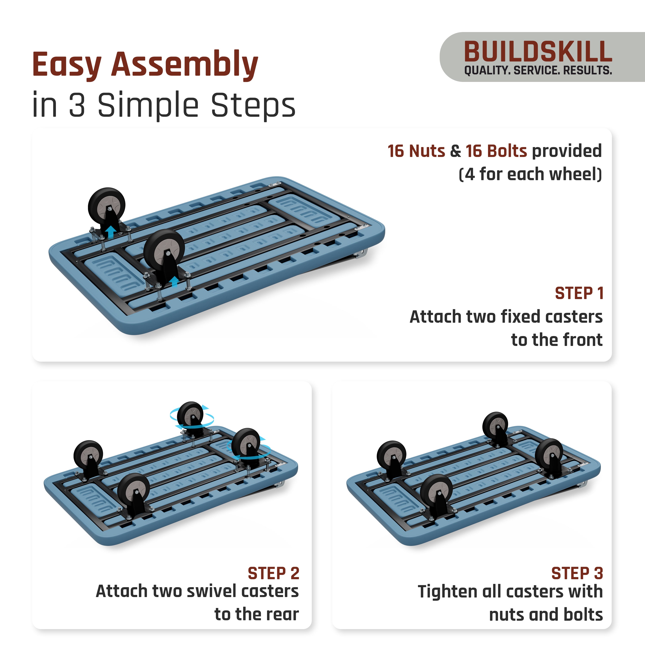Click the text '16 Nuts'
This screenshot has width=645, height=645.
tap(416, 151)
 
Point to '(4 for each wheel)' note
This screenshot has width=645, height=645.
tap(530, 174)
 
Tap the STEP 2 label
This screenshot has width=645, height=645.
tap(273, 574)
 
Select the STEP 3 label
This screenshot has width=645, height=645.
tap(577, 574)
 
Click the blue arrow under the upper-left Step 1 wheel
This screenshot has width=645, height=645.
tap(111, 232)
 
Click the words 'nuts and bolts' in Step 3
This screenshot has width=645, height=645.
tap(546, 615)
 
